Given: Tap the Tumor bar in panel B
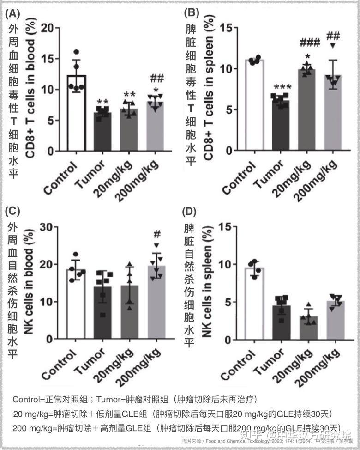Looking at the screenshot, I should tap(280, 125).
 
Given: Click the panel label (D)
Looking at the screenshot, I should tap(190, 213).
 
